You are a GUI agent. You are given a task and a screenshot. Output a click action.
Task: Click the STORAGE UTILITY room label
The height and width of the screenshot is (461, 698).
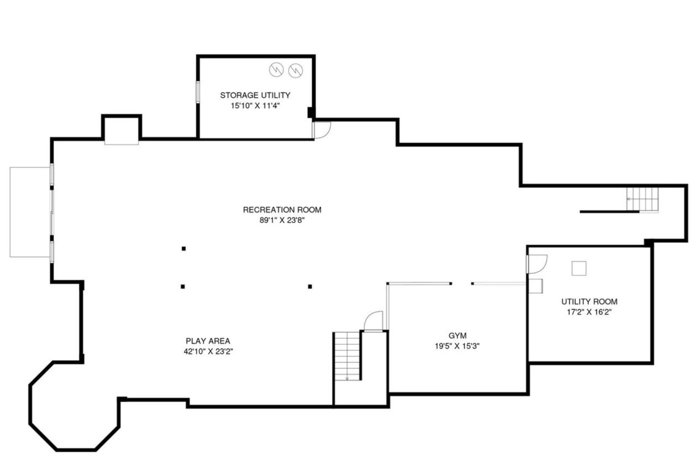255,95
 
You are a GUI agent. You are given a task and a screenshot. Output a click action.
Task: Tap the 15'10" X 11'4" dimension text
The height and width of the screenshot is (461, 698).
255,106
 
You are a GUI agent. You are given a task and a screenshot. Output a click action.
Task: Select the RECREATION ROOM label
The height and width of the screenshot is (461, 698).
282,210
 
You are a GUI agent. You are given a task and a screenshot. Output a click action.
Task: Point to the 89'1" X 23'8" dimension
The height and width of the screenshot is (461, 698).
282,221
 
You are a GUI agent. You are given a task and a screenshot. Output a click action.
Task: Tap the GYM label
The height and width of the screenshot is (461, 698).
458,335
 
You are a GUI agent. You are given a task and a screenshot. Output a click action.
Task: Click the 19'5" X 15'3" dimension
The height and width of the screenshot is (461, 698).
458,346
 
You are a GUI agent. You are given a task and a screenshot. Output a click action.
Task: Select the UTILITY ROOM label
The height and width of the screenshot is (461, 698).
589,302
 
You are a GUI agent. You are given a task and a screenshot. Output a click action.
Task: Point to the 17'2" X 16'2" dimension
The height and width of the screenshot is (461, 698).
589,313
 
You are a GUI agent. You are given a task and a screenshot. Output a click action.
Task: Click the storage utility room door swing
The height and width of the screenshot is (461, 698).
322,130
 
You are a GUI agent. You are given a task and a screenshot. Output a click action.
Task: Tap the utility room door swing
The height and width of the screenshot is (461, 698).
535,264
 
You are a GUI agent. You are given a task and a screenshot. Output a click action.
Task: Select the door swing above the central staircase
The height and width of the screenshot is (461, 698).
374,321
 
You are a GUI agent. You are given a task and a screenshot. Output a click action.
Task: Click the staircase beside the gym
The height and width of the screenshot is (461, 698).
347,356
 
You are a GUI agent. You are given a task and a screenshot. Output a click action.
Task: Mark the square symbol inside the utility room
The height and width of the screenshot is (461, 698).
579,268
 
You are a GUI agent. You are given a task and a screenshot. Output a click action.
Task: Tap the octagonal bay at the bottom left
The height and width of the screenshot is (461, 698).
74,407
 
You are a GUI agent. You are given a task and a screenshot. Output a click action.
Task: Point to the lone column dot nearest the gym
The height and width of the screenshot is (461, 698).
310,286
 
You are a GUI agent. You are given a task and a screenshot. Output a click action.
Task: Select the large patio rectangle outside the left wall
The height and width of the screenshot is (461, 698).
30,211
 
